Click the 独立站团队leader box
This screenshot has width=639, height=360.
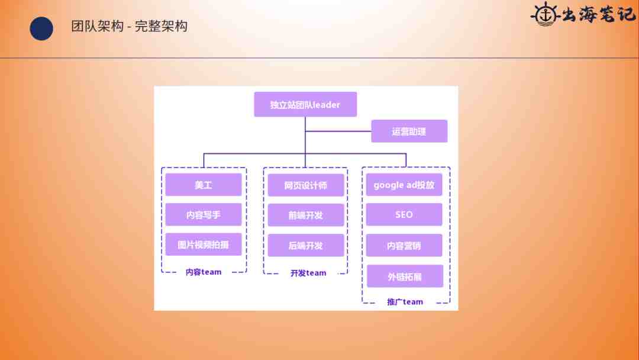pyautogui.click(x=305, y=104)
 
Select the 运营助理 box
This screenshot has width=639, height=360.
pyautogui.click(x=409, y=131)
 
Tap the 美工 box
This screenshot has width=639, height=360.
pyautogui.click(x=204, y=185)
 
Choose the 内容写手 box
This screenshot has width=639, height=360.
pyautogui.click(x=204, y=214)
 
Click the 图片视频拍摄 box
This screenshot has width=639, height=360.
pyautogui.click(x=204, y=244)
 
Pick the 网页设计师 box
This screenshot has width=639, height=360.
pyautogui.click(x=306, y=185)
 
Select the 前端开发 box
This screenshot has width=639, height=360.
pyautogui.click(x=306, y=216)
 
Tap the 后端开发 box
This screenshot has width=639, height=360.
pyautogui.click(x=306, y=246)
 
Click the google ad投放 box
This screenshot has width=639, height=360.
pyautogui.click(x=404, y=185)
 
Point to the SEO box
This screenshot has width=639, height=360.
pyautogui.click(x=404, y=214)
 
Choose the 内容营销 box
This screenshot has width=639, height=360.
pyautogui.click(x=404, y=246)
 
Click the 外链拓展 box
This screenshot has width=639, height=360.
pyautogui.click(x=405, y=277)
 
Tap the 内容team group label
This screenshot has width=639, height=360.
pyautogui.click(x=204, y=272)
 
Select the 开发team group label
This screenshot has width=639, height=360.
pyautogui.click(x=308, y=273)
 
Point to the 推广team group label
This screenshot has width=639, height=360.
pyautogui.click(x=405, y=302)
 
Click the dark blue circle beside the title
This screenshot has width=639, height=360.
pyautogui.click(x=41, y=28)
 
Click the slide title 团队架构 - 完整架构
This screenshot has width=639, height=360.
pyautogui.click(x=129, y=26)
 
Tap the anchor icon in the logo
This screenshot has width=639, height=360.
pyautogui.click(x=546, y=15)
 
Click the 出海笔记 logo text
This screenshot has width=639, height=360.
pyautogui.click(x=599, y=15)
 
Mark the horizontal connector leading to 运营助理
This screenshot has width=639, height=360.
pyautogui.click(x=338, y=131)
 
